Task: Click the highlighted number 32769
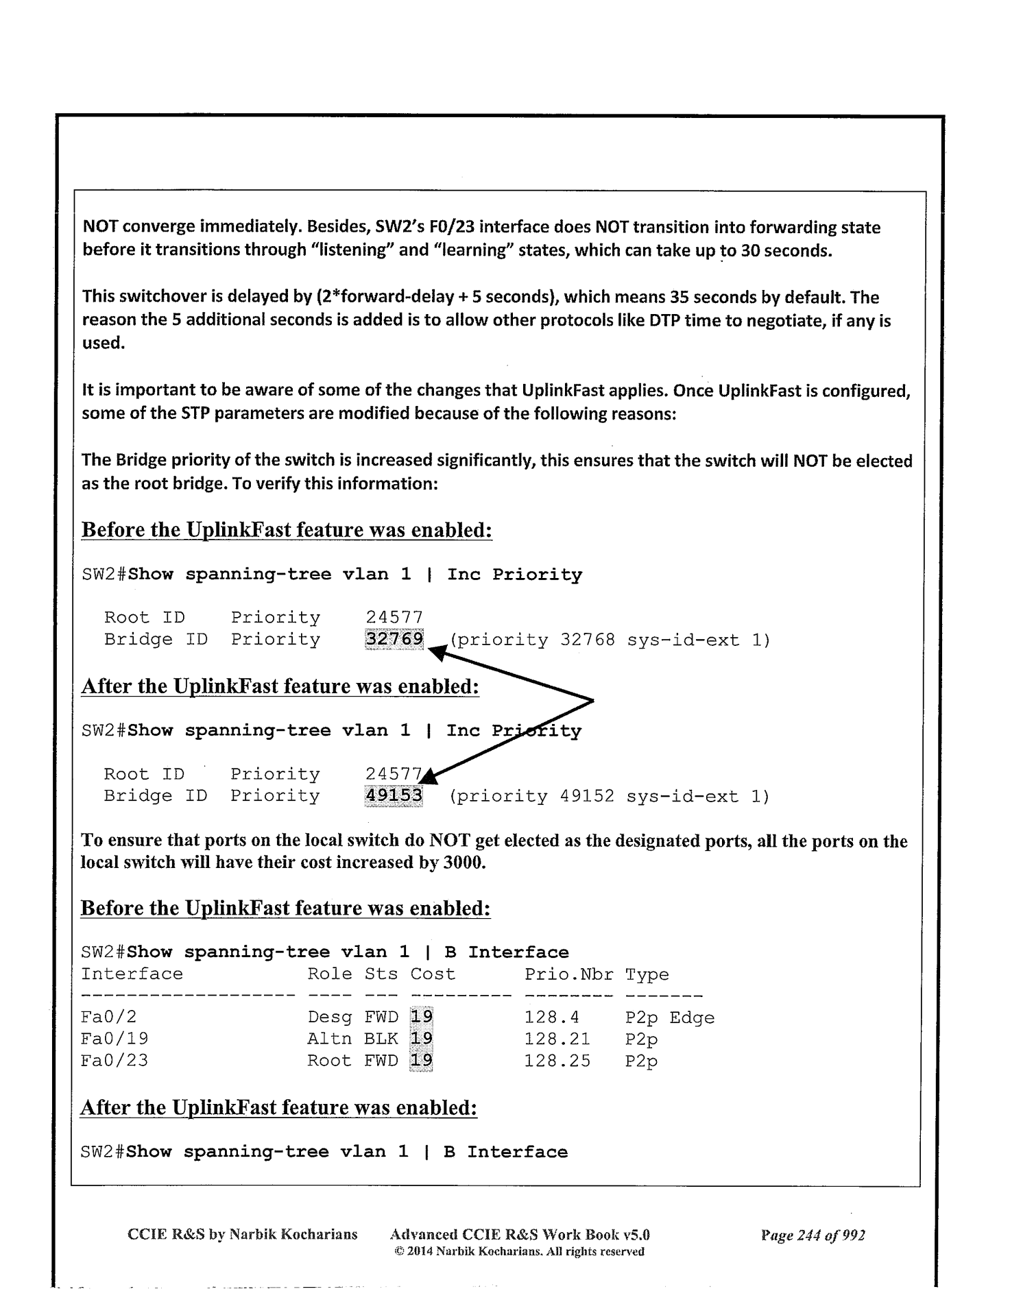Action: click(394, 639)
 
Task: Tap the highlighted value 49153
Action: click(394, 795)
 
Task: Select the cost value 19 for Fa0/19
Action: click(421, 1039)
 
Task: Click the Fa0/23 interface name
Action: click(114, 1061)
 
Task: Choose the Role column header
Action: click(329, 974)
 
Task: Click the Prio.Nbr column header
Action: click(568, 974)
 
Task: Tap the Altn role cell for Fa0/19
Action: click(329, 1039)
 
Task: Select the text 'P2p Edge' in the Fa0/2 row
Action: click(669, 1018)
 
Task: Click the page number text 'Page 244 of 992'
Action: click(813, 1235)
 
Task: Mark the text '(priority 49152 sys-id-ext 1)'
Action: click(610, 796)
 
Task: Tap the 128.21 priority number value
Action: click(557, 1039)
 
